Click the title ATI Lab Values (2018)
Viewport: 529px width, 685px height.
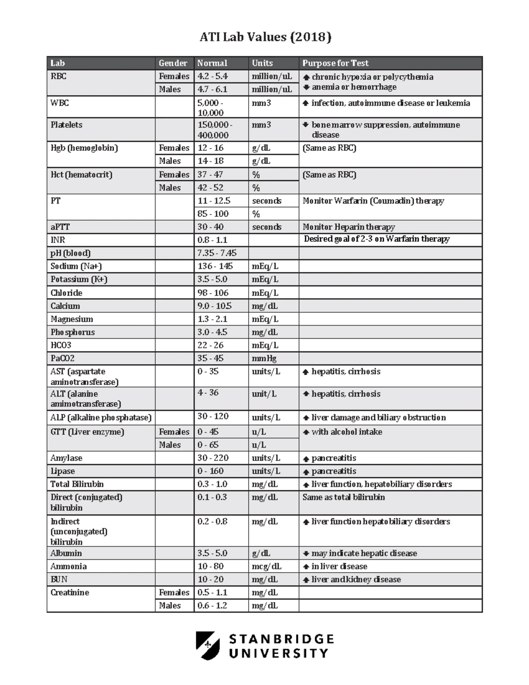click(265, 37)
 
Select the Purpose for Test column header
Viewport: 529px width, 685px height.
click(335, 63)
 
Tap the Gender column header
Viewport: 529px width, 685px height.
click(173, 63)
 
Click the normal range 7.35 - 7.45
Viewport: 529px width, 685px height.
click(217, 253)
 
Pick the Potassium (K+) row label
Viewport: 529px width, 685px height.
click(79, 279)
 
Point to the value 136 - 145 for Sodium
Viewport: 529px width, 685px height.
click(215, 266)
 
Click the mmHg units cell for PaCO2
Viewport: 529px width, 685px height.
click(264, 359)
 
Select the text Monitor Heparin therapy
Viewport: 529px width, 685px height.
click(349, 227)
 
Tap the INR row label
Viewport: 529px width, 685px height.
click(58, 240)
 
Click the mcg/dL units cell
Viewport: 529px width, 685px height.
click(266, 566)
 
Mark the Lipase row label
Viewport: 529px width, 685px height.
click(63, 471)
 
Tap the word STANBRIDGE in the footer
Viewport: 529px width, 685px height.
click(281, 639)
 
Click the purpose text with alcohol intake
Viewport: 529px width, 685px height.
click(346, 432)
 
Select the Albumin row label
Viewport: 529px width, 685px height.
click(66, 553)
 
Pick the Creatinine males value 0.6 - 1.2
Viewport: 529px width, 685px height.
click(212, 606)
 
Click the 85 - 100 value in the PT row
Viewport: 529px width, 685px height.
click(213, 214)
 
